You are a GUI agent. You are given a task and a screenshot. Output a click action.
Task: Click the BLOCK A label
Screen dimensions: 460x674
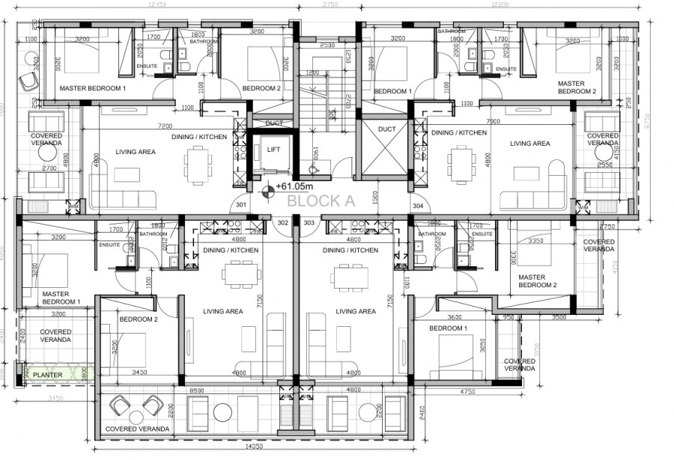pos(321,200)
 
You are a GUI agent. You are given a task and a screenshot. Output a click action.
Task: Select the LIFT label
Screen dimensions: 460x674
pos(274,150)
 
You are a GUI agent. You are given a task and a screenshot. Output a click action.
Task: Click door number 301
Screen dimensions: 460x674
pos(241,204)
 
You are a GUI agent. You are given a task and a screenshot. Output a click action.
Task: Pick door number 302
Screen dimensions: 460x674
pos(283,222)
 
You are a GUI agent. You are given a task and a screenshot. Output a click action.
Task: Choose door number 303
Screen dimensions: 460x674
pos(309,222)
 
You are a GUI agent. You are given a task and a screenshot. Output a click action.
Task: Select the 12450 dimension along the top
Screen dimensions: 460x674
pos(158,4)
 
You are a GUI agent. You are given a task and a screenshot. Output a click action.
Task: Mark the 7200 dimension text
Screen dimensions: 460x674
pos(165,126)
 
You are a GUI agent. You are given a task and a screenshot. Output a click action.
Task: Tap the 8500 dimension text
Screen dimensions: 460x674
pos(197,389)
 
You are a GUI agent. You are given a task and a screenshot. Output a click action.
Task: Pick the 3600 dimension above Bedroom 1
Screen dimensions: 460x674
pos(454,316)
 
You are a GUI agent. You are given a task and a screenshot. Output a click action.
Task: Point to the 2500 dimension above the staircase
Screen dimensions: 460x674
pos(327,45)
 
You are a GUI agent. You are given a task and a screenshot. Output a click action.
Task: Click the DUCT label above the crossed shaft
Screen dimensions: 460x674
pos(386,129)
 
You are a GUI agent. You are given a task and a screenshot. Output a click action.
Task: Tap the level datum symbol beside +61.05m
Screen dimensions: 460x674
pos(267,188)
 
